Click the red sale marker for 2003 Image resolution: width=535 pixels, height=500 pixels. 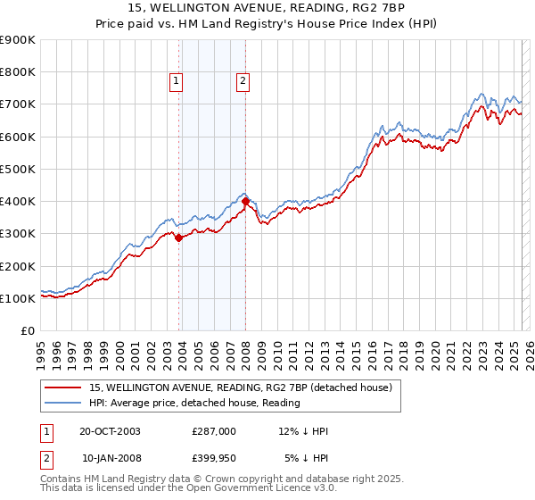coord(179,237)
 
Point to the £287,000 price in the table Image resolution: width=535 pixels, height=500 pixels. coord(214,431)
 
